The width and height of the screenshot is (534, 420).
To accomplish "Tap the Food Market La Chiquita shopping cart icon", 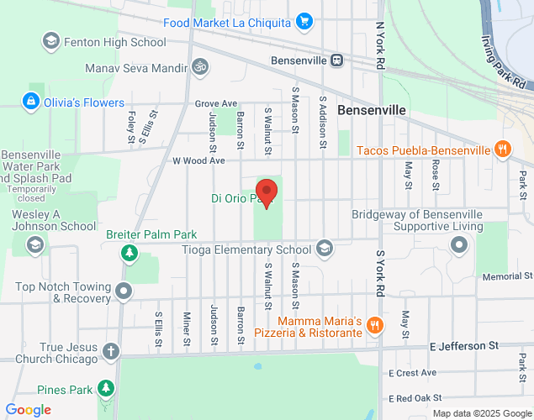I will click(304, 22).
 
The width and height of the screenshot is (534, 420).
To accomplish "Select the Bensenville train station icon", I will click(337, 60).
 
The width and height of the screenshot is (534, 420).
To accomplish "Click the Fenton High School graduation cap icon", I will click(51, 41).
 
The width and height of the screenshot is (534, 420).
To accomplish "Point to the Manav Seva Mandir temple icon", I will click(199, 65).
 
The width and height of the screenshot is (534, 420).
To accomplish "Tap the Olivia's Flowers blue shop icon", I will click(30, 102).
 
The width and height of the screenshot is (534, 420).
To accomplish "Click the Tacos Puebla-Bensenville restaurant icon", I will click(502, 150).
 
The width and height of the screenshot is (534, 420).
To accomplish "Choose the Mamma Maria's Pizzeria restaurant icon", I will click(375, 325).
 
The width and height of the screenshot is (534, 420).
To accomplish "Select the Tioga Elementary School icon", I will click(325, 249).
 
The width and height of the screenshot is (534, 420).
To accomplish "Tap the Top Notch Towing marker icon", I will click(124, 291).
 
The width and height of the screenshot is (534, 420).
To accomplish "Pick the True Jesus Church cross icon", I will click(111, 350).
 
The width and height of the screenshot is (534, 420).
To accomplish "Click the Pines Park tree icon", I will click(105, 389).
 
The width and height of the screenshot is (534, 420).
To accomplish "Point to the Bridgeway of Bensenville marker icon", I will click(459, 245).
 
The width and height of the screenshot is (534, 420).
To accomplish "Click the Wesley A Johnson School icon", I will click(34, 244).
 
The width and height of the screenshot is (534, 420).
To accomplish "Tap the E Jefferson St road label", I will click(463, 345).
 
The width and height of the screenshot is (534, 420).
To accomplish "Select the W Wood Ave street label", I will click(199, 160).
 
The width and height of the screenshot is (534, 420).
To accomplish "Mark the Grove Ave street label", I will click(211, 104).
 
